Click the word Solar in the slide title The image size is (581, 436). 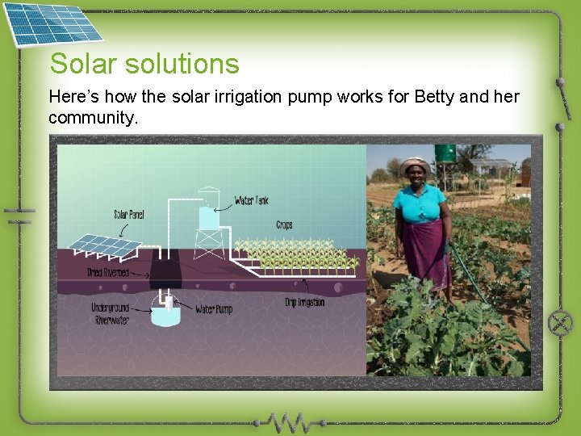coord(79,63)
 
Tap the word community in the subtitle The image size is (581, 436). coord(93,118)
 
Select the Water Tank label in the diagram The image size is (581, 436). coord(251,200)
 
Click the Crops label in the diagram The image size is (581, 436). coord(284,224)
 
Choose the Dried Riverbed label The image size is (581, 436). coord(107,273)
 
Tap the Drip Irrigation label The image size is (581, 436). coord(305,302)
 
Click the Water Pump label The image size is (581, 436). coord(214,309)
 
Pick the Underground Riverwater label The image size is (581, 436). coord(111,313)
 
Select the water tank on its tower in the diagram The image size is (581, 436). coord(209,218)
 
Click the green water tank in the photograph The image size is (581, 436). coord(445,153)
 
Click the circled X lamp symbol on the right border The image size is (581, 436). coord(560,323)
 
